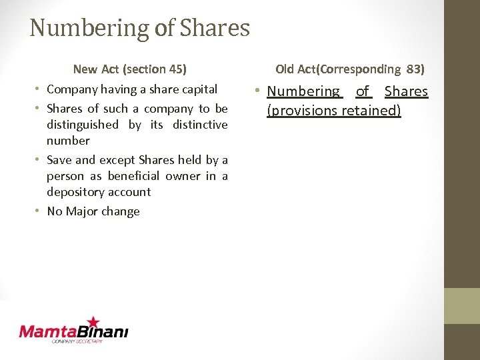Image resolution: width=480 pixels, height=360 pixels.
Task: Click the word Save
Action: coord(59,160)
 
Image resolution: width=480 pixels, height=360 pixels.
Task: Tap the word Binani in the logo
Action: coord(104,331)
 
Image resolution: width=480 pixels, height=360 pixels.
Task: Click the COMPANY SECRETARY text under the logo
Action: coord(77,341)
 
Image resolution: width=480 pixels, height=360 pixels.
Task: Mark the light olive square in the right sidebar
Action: coord(462,305)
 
